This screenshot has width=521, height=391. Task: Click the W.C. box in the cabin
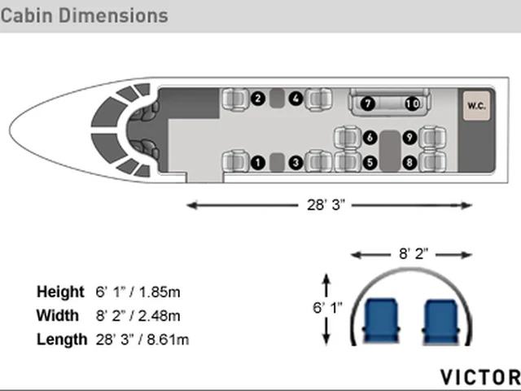[x=476, y=106]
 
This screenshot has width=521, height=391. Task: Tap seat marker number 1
[x=258, y=163]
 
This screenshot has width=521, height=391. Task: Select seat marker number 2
[x=258, y=99]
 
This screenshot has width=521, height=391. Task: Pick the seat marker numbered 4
[x=296, y=99]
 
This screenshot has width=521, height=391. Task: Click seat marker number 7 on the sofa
[x=367, y=103]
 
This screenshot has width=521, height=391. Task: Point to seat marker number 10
[x=413, y=103]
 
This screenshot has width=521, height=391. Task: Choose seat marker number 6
[x=370, y=138]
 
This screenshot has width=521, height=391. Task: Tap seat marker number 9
[x=409, y=138]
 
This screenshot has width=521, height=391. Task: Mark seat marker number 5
[x=370, y=163]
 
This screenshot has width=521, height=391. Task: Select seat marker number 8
[x=409, y=163]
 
